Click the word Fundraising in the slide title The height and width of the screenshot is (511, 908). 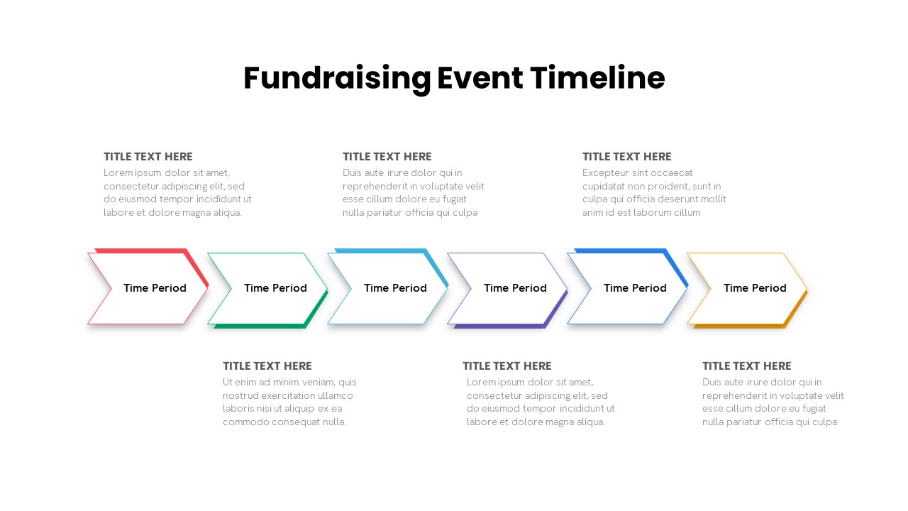click(x=337, y=79)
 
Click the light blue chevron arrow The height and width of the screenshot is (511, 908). click(x=387, y=288)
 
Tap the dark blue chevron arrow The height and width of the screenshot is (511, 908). click(x=627, y=288)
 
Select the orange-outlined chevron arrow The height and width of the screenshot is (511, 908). click(x=747, y=288)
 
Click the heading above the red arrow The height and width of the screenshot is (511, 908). click(x=148, y=157)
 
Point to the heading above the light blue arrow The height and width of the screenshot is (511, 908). click(x=387, y=157)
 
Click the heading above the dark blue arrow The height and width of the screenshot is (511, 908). click(x=626, y=157)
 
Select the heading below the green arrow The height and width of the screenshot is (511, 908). click(x=267, y=366)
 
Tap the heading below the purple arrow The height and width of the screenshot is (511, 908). click(x=506, y=366)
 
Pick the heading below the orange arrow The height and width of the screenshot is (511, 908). click(x=746, y=366)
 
